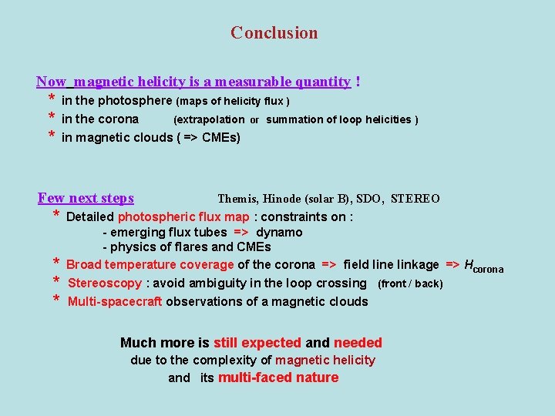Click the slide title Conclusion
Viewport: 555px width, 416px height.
coord(274,33)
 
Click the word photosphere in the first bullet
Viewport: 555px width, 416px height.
coord(135,100)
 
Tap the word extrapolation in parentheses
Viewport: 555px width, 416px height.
coord(209,119)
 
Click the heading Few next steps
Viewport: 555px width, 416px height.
coord(86,198)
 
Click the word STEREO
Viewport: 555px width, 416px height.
coord(415,199)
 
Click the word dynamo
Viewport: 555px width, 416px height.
coord(279,232)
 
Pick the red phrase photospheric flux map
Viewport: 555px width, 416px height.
coord(183,216)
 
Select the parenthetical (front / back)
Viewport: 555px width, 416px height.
coord(409,283)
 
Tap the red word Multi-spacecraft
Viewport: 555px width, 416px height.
coord(115,301)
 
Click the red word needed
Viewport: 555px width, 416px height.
coord(358,343)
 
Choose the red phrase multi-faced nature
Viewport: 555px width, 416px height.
coord(278,377)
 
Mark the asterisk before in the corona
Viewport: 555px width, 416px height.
coord(51,119)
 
